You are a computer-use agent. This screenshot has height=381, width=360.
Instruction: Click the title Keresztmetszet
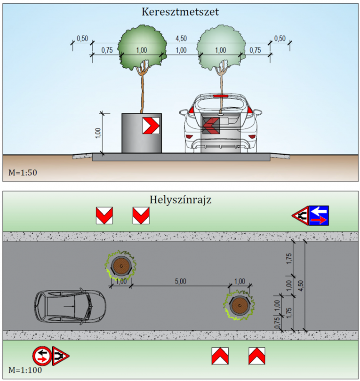point(180,12)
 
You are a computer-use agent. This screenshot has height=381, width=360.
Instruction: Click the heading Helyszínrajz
point(180,200)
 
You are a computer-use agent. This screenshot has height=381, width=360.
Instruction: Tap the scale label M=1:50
point(23,173)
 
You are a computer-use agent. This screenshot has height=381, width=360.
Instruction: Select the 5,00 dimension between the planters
point(180,281)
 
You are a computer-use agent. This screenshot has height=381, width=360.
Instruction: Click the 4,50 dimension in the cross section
point(180,38)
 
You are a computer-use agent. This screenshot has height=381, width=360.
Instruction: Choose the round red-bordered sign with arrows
point(41,356)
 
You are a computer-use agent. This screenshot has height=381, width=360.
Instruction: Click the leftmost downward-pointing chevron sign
point(104,215)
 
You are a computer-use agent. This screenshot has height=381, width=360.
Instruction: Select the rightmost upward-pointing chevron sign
point(256,356)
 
